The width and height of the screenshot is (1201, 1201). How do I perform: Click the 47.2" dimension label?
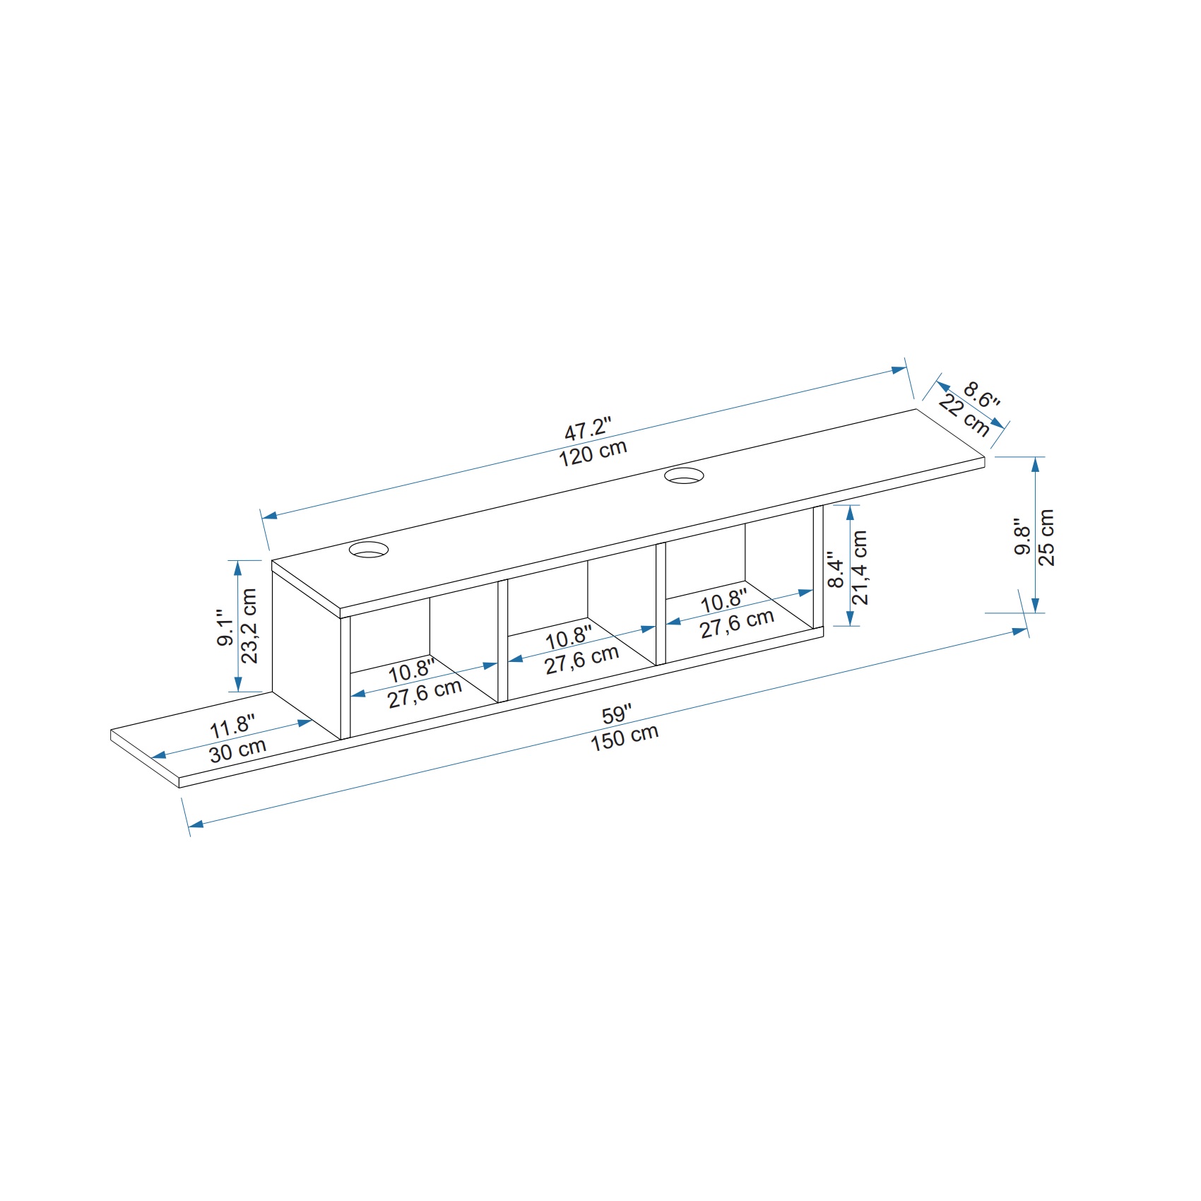(x=587, y=428)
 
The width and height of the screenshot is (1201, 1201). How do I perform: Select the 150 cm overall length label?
(x=625, y=737)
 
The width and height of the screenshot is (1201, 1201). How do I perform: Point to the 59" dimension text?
(x=617, y=714)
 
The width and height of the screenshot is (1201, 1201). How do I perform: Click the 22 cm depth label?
(x=964, y=416)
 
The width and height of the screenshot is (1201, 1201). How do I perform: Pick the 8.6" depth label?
(x=982, y=396)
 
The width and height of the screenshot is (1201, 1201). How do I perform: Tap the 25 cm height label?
(x=1047, y=537)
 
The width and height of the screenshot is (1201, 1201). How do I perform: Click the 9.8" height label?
(x=1023, y=539)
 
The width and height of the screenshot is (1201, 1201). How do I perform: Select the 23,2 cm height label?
(x=249, y=626)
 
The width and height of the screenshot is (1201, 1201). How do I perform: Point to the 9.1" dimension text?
(x=225, y=627)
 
